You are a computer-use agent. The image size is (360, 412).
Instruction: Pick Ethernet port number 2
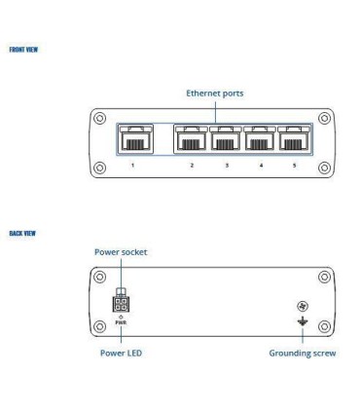click(192, 139)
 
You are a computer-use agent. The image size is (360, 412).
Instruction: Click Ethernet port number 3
click(226, 139)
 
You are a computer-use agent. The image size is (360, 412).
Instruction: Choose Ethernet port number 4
click(260, 139)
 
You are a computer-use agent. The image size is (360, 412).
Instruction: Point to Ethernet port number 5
click(294, 139)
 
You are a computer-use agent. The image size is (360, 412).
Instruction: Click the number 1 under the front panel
click(132, 167)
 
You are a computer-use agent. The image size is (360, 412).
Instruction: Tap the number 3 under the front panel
click(226, 167)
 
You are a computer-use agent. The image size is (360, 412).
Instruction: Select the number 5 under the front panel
click(294, 167)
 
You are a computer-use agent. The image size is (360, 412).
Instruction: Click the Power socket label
click(120, 250)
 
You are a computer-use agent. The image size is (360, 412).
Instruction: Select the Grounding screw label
click(303, 353)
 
